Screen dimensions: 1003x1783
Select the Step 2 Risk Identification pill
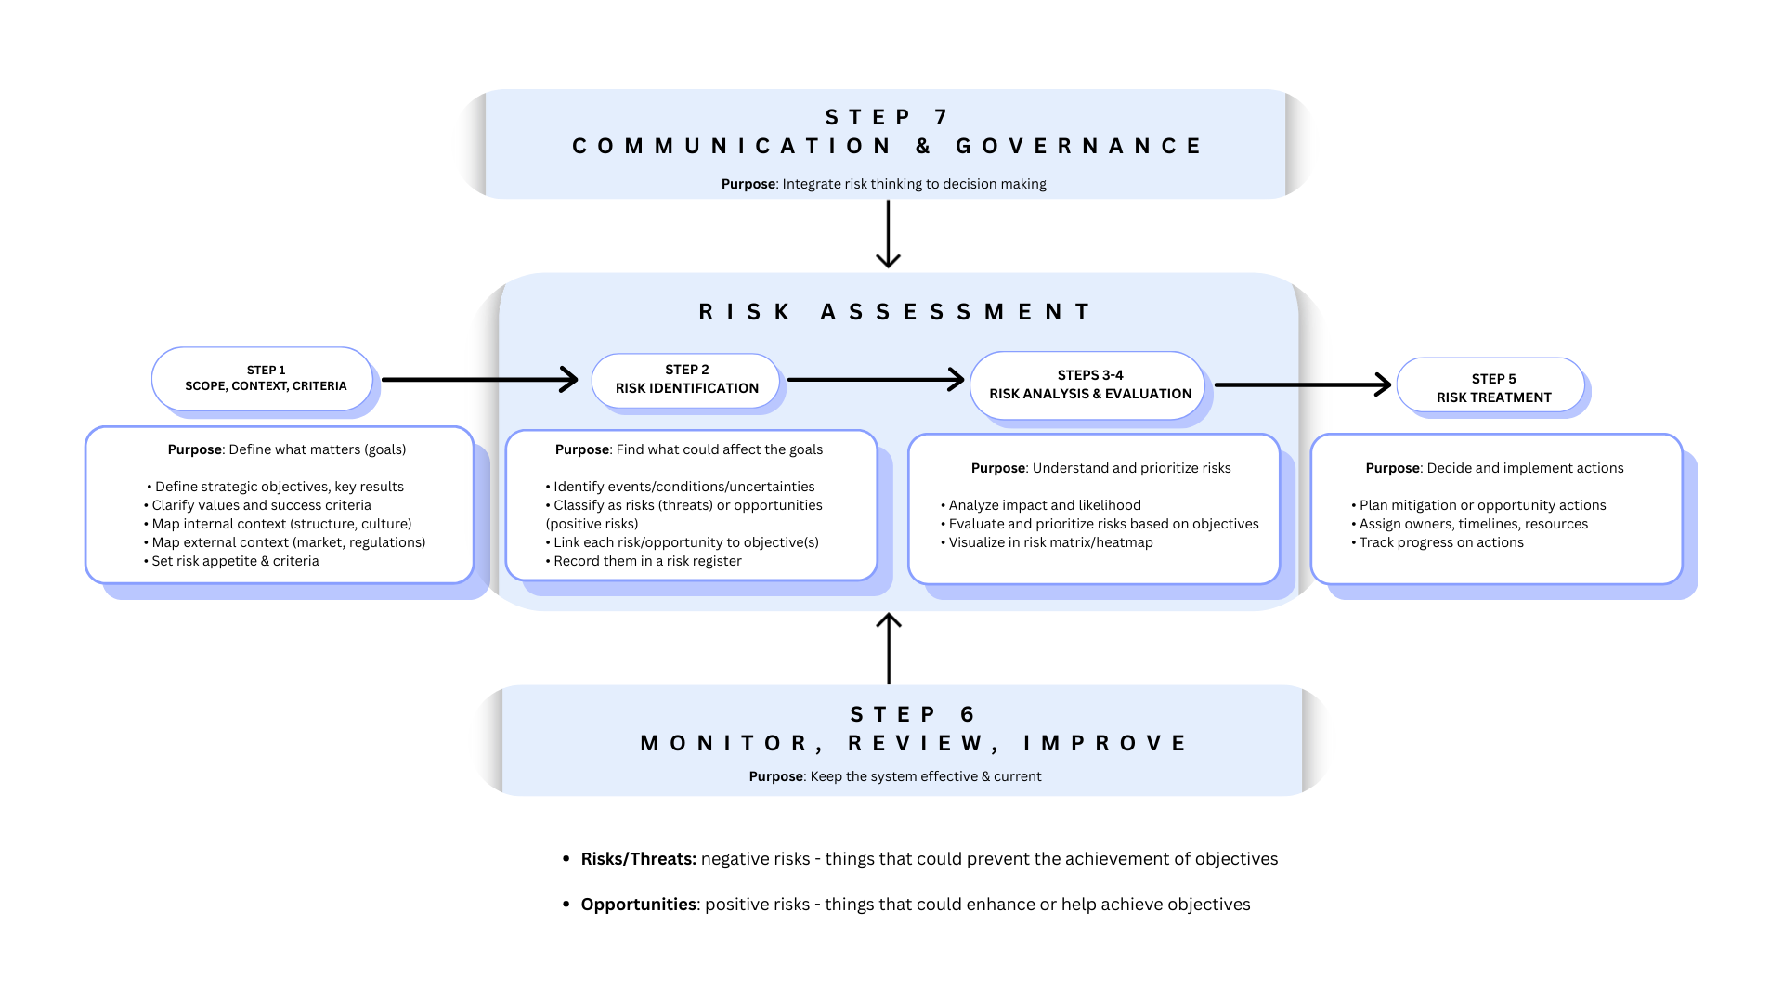[x=686, y=380]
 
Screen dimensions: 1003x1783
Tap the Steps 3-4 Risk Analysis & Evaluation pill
[x=1088, y=384]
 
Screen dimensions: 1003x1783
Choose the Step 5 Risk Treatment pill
[x=1491, y=388]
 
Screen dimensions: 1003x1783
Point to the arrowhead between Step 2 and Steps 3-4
[x=955, y=379]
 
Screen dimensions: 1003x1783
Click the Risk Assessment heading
[x=895, y=312]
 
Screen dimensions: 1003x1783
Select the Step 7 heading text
[x=887, y=117]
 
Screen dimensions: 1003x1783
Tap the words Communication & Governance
[x=887, y=147]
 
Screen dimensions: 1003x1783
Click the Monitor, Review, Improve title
[x=914, y=743]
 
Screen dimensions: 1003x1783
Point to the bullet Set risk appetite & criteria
[x=234, y=561]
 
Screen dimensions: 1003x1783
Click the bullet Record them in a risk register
[x=646, y=561]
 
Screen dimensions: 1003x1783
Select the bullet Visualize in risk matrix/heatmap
[x=1049, y=542]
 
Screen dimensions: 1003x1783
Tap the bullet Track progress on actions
[x=1440, y=542]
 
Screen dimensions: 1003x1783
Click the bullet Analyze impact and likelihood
[x=1044, y=505]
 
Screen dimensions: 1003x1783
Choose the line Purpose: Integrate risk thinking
[x=883, y=184]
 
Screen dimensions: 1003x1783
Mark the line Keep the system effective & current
[x=924, y=776]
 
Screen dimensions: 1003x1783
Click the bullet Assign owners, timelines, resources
[x=1473, y=524]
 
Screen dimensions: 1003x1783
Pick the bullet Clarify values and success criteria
[x=260, y=505]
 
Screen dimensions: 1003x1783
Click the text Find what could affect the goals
[x=719, y=449]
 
